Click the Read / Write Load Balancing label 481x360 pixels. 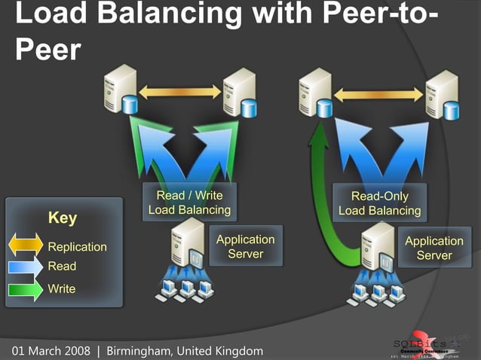(x=189, y=203)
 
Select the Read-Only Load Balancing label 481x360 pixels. (x=379, y=203)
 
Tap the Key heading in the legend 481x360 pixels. (x=63, y=218)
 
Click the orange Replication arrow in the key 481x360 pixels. (x=26, y=246)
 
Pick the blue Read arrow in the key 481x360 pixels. (x=26, y=266)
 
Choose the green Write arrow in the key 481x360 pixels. (x=26, y=288)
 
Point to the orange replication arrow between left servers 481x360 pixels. (x=180, y=92)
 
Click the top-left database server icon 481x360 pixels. (x=121, y=88)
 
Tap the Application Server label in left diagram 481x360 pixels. (x=245, y=246)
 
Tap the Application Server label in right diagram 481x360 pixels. (x=434, y=248)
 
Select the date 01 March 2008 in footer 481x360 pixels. (x=51, y=351)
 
